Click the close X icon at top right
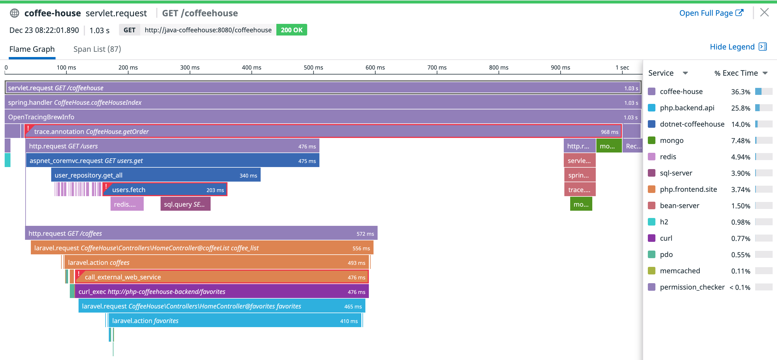[x=764, y=13]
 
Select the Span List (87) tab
[x=97, y=49]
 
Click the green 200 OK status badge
[x=291, y=30]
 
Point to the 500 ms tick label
[x=313, y=67]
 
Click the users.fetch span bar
[x=165, y=190]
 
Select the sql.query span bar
[x=185, y=204]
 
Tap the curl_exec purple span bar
[x=221, y=292]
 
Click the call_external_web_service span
[x=221, y=277]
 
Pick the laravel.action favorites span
[x=235, y=321]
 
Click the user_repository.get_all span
[x=156, y=175]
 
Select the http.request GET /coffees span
[x=201, y=233]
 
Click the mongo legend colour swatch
[x=652, y=140]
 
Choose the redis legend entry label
[x=668, y=157]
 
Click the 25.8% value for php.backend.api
[x=740, y=108]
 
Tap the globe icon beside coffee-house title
[x=15, y=13]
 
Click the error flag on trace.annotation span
[x=28, y=128]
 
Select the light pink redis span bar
[x=127, y=204]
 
